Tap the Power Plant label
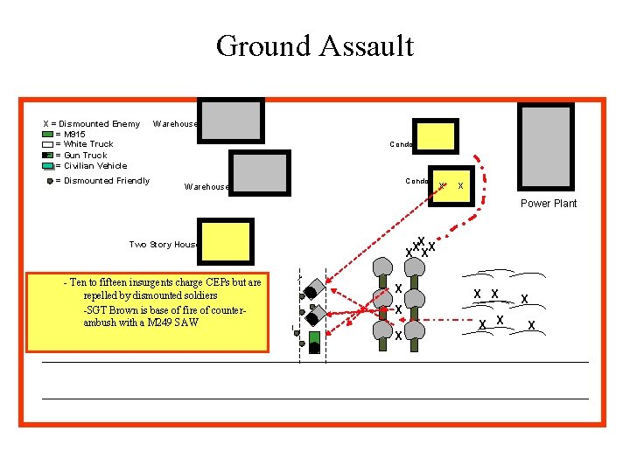(549, 204)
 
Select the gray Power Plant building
(546, 147)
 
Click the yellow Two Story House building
(226, 242)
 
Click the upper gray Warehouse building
(231, 120)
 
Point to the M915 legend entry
(70, 135)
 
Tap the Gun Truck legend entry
(81, 155)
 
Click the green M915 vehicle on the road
(314, 332)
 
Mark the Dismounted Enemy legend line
(92, 124)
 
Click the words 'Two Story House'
(164, 245)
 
